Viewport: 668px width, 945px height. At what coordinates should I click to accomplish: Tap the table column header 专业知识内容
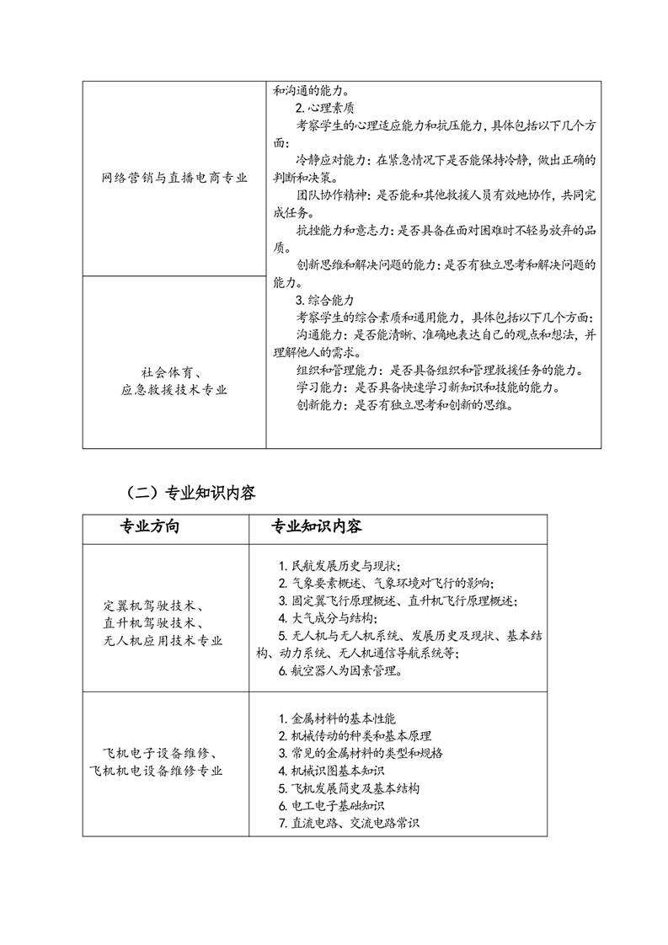[316, 527]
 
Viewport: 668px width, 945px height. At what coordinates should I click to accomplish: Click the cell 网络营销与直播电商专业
[174, 177]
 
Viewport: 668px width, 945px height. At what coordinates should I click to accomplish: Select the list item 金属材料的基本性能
[330, 719]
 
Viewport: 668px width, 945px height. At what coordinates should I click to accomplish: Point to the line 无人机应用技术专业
[163, 641]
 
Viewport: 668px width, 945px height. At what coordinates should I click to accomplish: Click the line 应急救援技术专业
[174, 390]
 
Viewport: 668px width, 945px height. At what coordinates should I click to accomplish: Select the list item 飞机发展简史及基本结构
[348, 788]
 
